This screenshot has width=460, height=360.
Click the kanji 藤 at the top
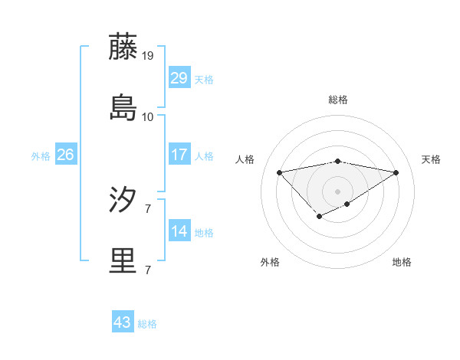[x=123, y=47]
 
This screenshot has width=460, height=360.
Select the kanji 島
[x=123, y=108]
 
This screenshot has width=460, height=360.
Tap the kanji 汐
[x=123, y=201]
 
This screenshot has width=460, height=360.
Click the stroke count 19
[x=148, y=56]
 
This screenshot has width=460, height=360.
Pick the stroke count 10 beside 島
[x=148, y=117]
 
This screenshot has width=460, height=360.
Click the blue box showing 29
[x=179, y=78]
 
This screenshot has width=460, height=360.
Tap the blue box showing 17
[x=179, y=155]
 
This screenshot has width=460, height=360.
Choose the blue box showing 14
[x=179, y=231]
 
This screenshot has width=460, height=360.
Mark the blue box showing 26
[x=65, y=155]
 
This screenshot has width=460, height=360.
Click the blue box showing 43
[x=122, y=322]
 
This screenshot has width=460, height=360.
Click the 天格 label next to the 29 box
[x=204, y=79]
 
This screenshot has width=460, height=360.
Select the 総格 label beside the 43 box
[x=147, y=324]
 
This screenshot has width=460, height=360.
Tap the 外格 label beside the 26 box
[x=41, y=155]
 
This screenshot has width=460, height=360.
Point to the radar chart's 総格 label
[x=337, y=100]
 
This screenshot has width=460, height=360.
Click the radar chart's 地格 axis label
[x=402, y=262]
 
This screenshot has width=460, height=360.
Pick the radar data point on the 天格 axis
[x=396, y=172]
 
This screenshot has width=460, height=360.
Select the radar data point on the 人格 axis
[x=279, y=172]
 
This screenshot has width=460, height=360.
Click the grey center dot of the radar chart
[x=337, y=191]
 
